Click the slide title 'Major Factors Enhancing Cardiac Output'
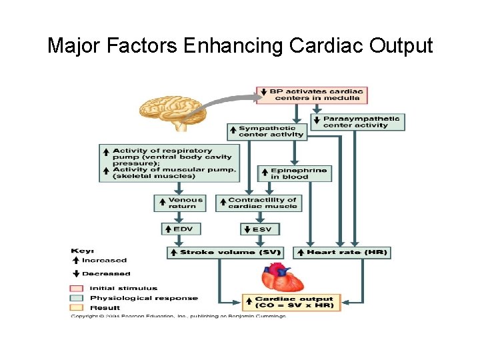(x=240, y=46)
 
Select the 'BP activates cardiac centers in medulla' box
(x=311, y=95)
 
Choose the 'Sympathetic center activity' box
(x=267, y=131)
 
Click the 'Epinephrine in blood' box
(x=293, y=173)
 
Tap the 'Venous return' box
(x=181, y=203)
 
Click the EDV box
(x=181, y=229)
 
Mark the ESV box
(x=260, y=229)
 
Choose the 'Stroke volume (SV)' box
(x=225, y=253)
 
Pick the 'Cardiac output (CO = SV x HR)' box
(x=292, y=301)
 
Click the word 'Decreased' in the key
(x=105, y=273)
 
